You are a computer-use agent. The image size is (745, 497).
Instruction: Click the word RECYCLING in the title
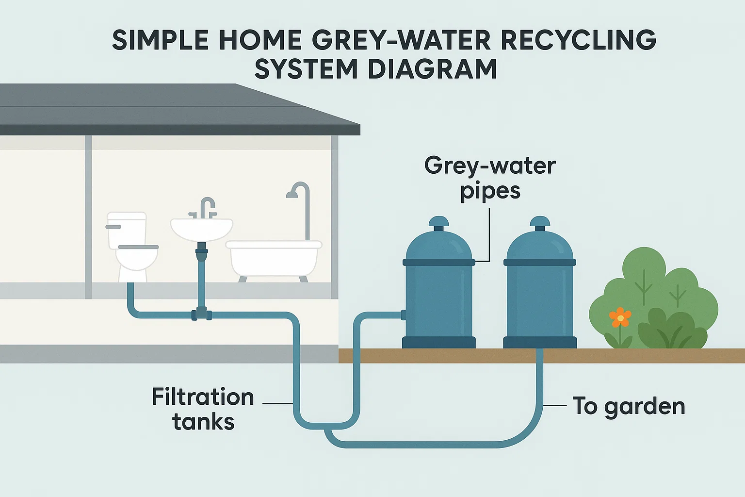[578, 40]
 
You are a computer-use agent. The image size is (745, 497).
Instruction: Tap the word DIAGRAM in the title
[432, 69]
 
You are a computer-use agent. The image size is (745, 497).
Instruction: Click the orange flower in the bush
[620, 318]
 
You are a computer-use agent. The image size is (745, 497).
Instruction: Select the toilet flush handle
[113, 227]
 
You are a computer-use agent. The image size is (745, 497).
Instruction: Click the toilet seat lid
[138, 247]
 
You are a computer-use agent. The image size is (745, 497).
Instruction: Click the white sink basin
[202, 229]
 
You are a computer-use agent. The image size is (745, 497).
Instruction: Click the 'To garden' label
[629, 406]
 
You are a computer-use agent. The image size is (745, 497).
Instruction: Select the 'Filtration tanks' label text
[203, 409]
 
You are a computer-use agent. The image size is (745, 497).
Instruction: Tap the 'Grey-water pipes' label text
[490, 178]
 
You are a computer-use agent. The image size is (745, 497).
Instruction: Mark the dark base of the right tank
[540, 342]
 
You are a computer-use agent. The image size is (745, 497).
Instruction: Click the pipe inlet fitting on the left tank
[403, 315]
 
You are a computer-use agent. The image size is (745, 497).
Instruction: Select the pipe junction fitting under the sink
[201, 314]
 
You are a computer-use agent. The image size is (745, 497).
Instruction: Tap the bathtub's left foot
[242, 279]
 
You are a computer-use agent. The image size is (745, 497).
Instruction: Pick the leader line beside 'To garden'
[555, 405]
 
